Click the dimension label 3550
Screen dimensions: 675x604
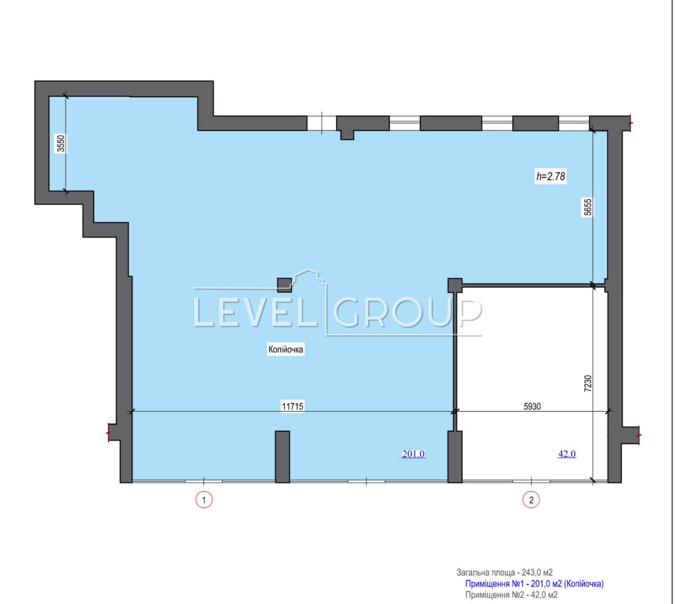[61, 143]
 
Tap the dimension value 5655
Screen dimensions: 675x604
[588, 207]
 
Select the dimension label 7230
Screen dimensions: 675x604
[588, 384]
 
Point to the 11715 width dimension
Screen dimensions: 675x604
[292, 406]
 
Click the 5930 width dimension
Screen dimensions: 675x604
[532, 406]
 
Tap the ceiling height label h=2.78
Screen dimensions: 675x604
[551, 176]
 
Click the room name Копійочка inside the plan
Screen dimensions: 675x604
[286, 349]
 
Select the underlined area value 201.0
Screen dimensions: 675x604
[413, 454]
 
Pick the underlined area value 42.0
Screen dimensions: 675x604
[567, 454]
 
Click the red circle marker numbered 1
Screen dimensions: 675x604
[204, 500]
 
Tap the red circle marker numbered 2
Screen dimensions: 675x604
[531, 500]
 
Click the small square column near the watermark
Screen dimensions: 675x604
[284, 285]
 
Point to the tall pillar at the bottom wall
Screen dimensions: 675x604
[283, 456]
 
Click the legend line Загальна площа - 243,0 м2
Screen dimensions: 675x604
[505, 572]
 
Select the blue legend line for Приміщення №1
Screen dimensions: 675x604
[535, 584]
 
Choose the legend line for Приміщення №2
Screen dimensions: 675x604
[511, 595]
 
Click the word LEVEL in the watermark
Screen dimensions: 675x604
[255, 312]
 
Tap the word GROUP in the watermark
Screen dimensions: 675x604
[408, 312]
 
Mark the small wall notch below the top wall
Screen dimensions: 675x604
[347, 135]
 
